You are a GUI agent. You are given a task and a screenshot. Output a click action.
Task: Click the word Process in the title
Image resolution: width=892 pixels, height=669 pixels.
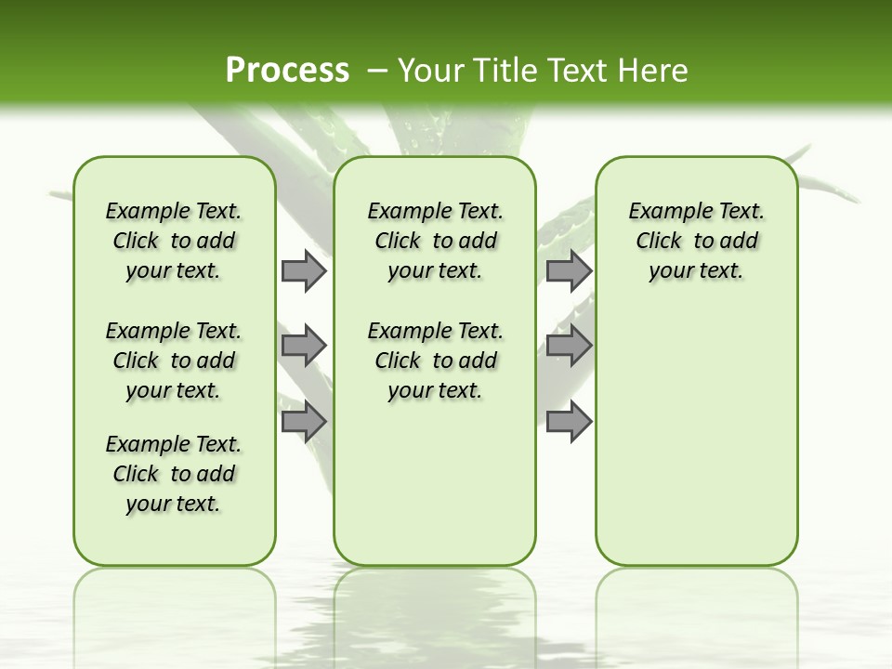(287, 70)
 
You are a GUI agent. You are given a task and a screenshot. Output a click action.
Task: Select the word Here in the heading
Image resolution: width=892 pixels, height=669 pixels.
(652, 71)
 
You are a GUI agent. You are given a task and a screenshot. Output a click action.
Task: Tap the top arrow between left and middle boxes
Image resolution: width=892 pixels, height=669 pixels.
(303, 270)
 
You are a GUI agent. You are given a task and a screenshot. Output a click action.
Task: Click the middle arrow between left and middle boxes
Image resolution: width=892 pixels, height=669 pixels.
(303, 346)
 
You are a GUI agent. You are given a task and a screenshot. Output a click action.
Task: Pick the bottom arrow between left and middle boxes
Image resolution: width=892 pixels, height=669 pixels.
(303, 422)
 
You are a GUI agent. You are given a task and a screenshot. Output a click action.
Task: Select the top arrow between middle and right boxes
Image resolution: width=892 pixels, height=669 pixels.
(569, 270)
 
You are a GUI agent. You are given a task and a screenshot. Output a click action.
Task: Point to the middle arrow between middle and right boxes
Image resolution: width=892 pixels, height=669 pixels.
(569, 346)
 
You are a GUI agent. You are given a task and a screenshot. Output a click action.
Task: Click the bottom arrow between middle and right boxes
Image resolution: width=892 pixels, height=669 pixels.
(569, 422)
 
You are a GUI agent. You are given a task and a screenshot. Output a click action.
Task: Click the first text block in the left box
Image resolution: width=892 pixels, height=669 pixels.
(174, 241)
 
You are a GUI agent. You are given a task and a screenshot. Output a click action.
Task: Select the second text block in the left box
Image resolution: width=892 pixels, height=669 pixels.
(174, 361)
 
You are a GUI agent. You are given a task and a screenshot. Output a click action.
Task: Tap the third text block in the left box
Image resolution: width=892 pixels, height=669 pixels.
(174, 474)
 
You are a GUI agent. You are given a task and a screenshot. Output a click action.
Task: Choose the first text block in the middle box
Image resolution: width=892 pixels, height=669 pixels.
(435, 241)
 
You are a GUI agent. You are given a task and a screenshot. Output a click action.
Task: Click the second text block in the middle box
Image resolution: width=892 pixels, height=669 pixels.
(435, 361)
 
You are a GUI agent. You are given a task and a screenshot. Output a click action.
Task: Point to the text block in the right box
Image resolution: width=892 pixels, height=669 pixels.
(696, 241)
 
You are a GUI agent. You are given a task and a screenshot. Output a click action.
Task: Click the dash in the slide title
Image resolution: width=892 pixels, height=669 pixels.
(377, 71)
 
